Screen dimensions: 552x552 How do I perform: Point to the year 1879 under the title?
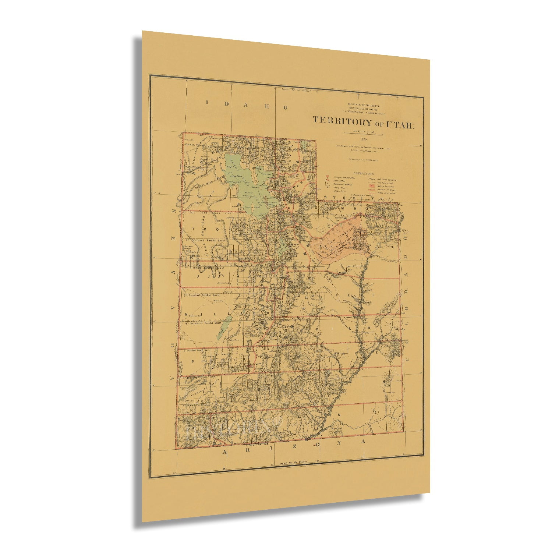364,139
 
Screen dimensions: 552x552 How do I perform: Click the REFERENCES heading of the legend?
363,173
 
